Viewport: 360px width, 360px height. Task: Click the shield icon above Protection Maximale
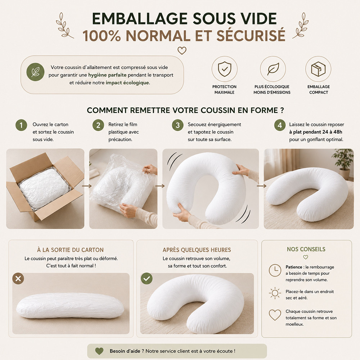coord(225,69)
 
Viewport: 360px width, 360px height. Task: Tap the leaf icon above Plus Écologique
coord(273,69)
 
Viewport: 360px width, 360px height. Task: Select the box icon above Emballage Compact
coord(318,69)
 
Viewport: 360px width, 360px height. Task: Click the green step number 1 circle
coord(21,125)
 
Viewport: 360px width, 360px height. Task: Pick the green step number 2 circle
coord(98,125)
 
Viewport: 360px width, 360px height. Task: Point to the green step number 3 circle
coord(178,125)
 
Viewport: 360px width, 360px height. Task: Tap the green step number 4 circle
coord(280,125)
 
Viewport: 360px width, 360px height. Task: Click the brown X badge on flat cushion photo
coord(18,279)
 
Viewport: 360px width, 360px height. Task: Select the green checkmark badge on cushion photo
coord(147,279)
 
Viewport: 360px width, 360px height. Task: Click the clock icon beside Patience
coord(275,270)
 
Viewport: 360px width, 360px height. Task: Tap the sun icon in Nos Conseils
coord(275,293)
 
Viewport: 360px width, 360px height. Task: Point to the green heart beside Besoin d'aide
coord(99,351)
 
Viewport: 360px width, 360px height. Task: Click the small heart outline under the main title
coord(182,50)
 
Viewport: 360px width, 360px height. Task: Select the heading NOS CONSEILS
coord(306,249)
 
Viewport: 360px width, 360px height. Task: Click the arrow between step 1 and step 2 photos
coord(87,186)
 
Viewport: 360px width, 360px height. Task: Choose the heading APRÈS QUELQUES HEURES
coord(197,250)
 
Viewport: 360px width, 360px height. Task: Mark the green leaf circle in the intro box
coord(35,72)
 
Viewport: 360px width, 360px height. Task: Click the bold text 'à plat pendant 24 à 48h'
coord(316,132)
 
